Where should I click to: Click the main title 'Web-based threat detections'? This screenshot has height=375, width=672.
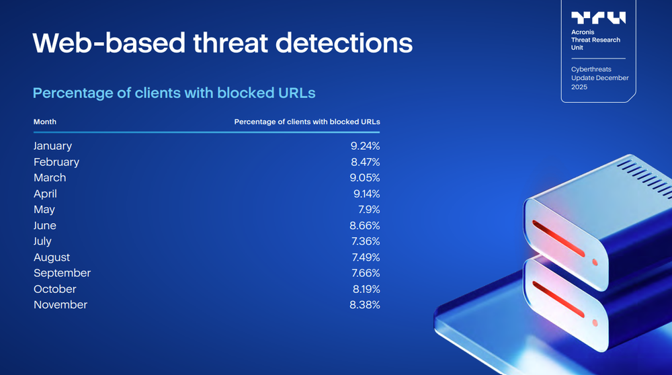(x=222, y=43)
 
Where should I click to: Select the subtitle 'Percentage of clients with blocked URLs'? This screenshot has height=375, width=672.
(x=174, y=93)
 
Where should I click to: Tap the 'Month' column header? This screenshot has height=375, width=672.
(x=45, y=122)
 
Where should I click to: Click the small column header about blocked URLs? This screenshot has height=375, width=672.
(x=306, y=122)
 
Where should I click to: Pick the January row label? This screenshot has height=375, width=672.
(x=52, y=146)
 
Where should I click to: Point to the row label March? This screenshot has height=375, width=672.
(x=50, y=178)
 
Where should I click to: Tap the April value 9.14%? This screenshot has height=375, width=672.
(x=366, y=194)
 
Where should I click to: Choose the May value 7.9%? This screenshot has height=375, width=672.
(x=369, y=210)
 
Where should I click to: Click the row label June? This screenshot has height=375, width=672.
(x=45, y=226)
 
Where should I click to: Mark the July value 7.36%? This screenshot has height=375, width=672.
(x=366, y=241)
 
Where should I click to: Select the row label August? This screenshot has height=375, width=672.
(x=52, y=257)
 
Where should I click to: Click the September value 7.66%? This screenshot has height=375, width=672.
(x=366, y=273)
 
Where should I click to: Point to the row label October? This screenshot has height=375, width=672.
(x=55, y=289)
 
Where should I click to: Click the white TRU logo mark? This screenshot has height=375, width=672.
(x=598, y=18)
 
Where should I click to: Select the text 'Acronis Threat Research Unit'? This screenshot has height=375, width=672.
(x=595, y=40)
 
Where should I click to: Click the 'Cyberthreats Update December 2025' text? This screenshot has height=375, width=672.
(x=599, y=78)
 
